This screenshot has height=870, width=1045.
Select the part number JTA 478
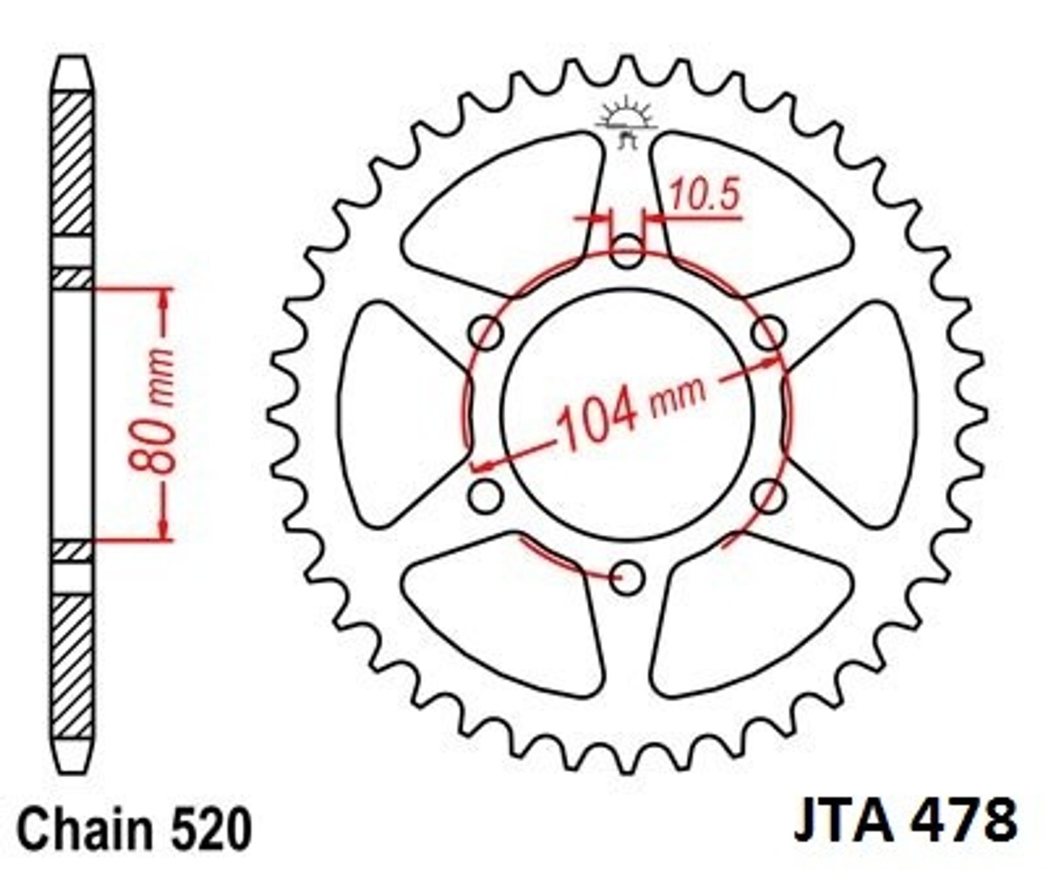[905, 819]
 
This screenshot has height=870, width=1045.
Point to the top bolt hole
[627, 251]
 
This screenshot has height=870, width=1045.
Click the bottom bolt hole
[627, 577]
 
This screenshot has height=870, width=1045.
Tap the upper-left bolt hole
[486, 333]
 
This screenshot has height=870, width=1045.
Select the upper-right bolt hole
[768, 333]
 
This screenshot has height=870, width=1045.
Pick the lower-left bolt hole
[486, 496]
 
